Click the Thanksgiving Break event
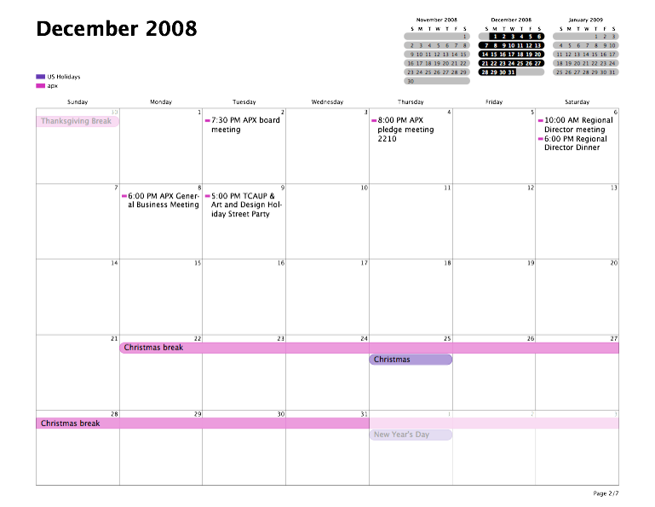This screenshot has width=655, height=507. coord(77,122)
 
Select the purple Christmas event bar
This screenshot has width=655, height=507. coord(410,360)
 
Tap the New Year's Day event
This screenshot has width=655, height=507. coord(410,435)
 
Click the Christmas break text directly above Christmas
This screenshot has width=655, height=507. coord(153,348)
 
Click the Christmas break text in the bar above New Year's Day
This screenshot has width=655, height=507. coord(70,423)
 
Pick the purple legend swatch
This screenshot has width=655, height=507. coord(40,77)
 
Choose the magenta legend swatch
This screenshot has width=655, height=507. coord(40,86)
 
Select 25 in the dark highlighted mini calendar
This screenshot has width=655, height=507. coord(520,63)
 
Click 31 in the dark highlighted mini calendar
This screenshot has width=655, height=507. coord(511,72)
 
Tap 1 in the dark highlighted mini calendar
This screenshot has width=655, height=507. coord(494,37)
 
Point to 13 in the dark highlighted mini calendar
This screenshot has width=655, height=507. coord(537,45)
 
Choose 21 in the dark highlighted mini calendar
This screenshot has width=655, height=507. coord(485,63)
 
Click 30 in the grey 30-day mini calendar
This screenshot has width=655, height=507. coord(410,81)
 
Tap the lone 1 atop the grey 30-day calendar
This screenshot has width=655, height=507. coord(464,37)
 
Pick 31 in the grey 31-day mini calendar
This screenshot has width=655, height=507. coord(612,72)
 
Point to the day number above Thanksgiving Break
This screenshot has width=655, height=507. coord(113,112)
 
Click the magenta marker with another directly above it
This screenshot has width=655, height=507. coord(540,139)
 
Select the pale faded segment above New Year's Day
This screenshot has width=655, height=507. coord(494,423)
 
